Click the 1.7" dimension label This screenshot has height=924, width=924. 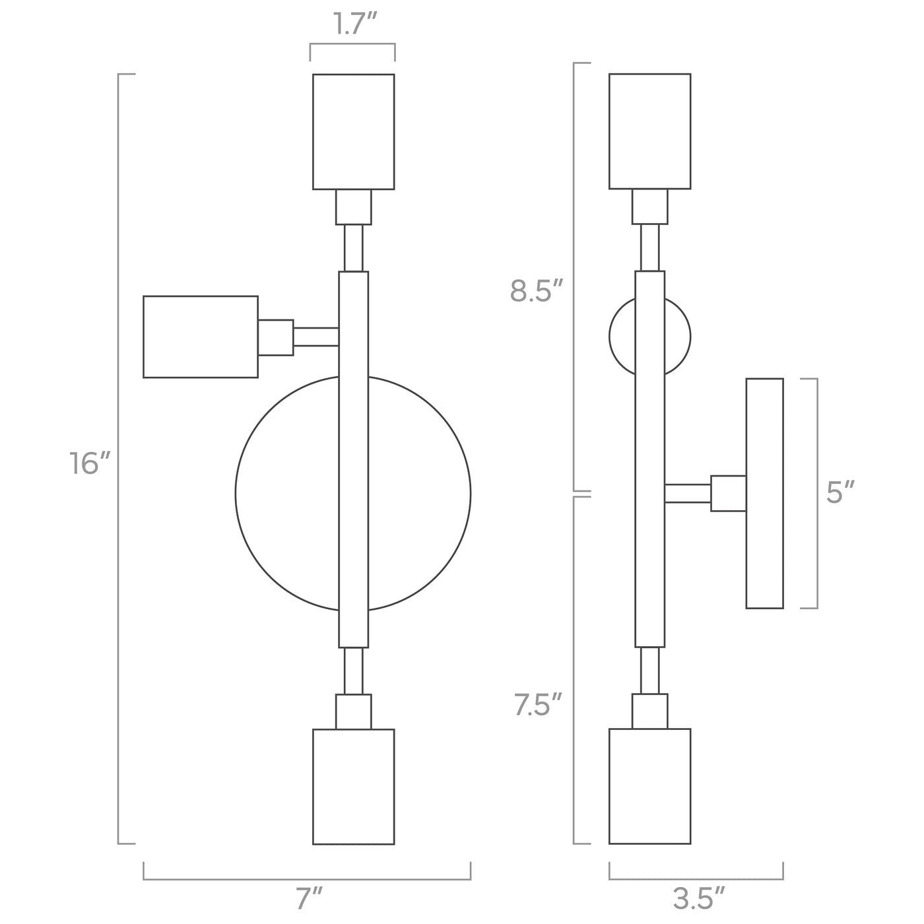354,24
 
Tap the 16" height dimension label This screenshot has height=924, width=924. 90,464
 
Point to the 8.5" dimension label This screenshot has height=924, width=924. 536,291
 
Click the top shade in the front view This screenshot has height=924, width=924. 353,131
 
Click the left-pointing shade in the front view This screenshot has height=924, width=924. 201,337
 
